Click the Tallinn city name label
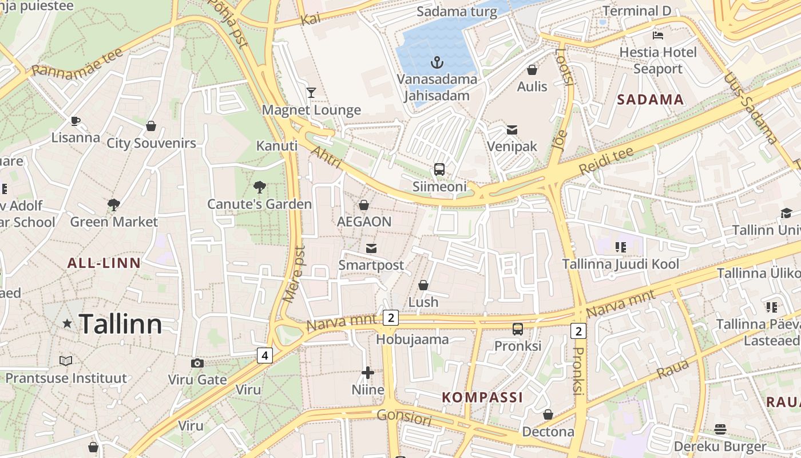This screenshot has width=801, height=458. pos(120,324)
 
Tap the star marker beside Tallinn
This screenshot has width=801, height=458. pos(67,323)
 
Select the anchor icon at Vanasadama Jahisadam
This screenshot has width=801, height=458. pos(438,62)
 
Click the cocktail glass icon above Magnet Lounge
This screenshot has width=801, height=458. pos(311,92)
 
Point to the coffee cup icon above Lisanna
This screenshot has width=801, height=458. pos(75,121)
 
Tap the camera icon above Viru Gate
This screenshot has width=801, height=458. pos(197,363)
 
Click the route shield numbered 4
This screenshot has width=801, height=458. pos(264,356)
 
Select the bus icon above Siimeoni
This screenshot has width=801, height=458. pos(439,169)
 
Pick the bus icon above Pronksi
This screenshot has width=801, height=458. pos(518,329)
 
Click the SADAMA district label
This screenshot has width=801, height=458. pos(651,100)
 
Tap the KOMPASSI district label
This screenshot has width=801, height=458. pos(482,397)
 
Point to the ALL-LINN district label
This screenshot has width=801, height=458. pos(104,263)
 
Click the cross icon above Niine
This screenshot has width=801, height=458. pos(368,373)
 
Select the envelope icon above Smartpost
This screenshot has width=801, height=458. pos(371,248)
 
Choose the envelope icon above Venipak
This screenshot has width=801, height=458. pos(512,130)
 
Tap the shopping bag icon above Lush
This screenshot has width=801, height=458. pos(423,285)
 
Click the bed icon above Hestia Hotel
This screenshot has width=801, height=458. pos(658,35)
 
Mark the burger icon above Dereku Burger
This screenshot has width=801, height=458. pos(720,429)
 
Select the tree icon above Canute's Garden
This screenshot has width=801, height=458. pos(260,187)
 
